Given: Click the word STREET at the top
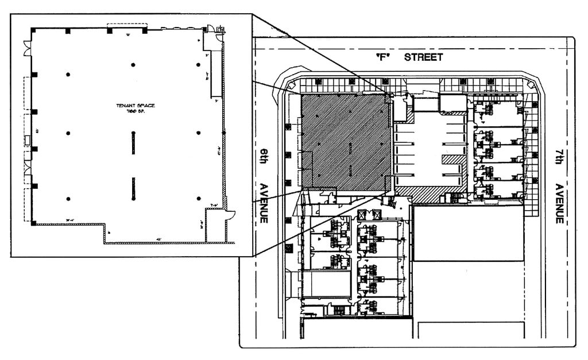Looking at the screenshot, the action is pyautogui.click(x=423, y=57).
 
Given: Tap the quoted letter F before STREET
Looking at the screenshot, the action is pyautogui.click(x=380, y=57).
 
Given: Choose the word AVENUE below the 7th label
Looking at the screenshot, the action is pyautogui.click(x=559, y=204).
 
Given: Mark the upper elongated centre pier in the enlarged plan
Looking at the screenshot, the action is pyautogui.click(x=133, y=142).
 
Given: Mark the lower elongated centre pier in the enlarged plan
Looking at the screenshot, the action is pyautogui.click(x=133, y=188).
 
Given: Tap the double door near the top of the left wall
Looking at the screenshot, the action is pyautogui.click(x=26, y=49).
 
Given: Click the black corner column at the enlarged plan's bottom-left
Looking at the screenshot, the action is pyautogui.click(x=34, y=222).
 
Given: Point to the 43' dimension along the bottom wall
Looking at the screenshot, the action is pyautogui.click(x=158, y=239).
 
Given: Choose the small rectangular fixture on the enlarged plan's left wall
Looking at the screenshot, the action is pyautogui.click(x=28, y=140).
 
